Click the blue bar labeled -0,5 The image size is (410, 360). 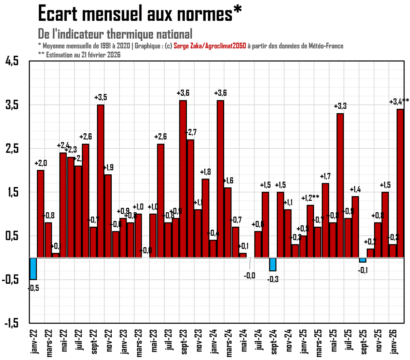[33, 269]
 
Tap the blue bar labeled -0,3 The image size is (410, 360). [273, 264]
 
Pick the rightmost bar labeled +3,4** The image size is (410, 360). [400, 183]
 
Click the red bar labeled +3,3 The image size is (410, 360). [340, 185]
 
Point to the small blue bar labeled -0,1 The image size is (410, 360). [363, 260]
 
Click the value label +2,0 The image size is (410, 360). [41, 163]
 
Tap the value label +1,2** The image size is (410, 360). [310, 198]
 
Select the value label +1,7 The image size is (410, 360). [325, 176]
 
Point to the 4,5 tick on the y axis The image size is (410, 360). [12, 61]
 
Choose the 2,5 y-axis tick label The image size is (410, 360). [12, 149]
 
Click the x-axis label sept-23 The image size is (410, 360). [184, 342]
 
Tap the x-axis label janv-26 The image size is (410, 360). [394, 342]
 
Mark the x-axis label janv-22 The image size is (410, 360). [33, 342]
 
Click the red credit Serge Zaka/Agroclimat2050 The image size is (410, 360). [210, 46]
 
